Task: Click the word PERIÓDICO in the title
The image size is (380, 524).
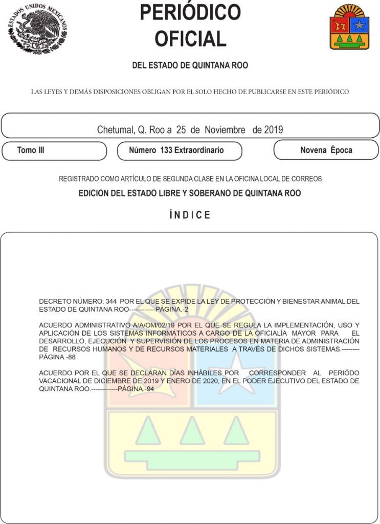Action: click(190, 12)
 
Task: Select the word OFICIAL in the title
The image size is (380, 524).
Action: click(190, 39)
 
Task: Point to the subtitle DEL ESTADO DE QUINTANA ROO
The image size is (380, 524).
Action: click(190, 65)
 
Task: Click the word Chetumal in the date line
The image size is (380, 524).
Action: click(115, 130)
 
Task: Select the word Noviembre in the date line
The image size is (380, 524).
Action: click(226, 130)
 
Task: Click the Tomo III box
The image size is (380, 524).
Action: click(54, 150)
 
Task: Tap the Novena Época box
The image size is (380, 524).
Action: click(326, 150)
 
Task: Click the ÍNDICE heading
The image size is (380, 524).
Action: click(190, 215)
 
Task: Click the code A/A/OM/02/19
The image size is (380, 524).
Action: click(154, 325)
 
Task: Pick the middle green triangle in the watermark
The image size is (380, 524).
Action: click(192, 431)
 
